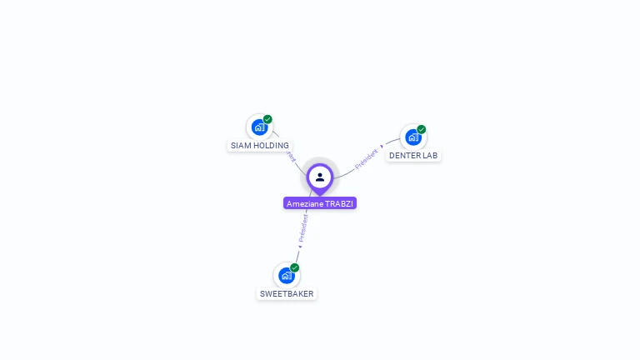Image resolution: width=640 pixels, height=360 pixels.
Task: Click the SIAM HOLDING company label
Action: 260,145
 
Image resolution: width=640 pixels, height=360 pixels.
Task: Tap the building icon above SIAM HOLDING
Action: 259,127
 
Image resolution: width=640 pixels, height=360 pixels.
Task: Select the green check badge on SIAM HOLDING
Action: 267,119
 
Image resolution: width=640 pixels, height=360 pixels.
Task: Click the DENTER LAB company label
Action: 413,156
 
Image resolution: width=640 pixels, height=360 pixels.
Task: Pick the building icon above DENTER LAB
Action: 412,137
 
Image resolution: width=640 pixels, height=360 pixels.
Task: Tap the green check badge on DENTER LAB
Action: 422,129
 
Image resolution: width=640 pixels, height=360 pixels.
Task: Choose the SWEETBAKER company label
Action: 287,293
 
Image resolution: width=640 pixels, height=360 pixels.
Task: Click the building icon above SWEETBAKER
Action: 287,276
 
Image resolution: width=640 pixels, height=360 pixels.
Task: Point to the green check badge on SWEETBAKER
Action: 295,267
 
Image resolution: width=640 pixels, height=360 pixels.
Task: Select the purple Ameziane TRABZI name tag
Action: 320,203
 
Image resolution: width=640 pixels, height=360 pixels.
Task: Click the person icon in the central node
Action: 320,177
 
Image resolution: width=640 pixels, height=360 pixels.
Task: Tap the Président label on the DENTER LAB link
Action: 367,158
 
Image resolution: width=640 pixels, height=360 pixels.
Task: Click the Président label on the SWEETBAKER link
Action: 303,227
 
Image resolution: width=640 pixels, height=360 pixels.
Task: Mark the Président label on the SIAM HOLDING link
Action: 290,155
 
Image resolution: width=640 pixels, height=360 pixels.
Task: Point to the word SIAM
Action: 241,145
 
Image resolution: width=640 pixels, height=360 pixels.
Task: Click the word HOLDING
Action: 271,145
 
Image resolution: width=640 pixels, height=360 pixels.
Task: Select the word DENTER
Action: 405,156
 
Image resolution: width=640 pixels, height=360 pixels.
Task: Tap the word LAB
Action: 430,156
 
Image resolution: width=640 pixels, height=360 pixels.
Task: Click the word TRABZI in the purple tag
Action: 339,203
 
